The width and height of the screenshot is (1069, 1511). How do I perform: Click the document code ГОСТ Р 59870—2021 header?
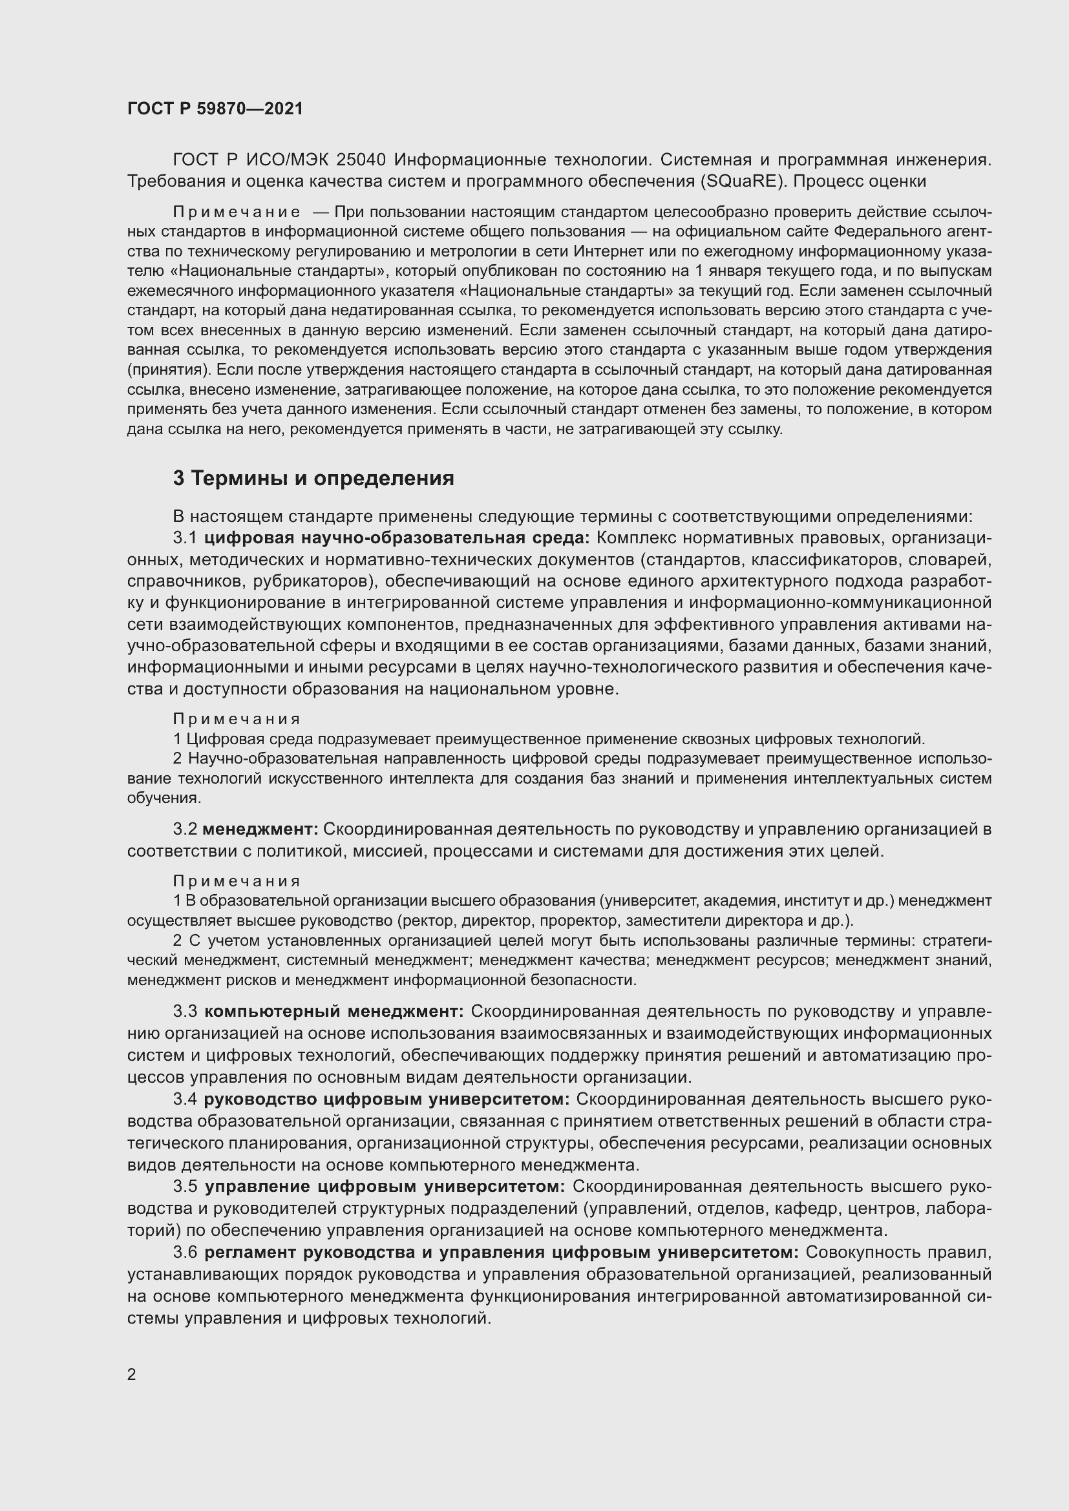click(x=215, y=109)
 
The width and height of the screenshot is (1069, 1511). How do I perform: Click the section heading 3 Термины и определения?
click(x=313, y=479)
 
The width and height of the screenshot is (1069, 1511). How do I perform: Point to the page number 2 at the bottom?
click(x=132, y=1375)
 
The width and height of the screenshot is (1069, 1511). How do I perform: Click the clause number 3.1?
click(x=185, y=537)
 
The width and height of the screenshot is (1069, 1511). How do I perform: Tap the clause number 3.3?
click(x=185, y=1011)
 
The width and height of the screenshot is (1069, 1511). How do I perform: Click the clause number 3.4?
click(x=185, y=1099)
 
